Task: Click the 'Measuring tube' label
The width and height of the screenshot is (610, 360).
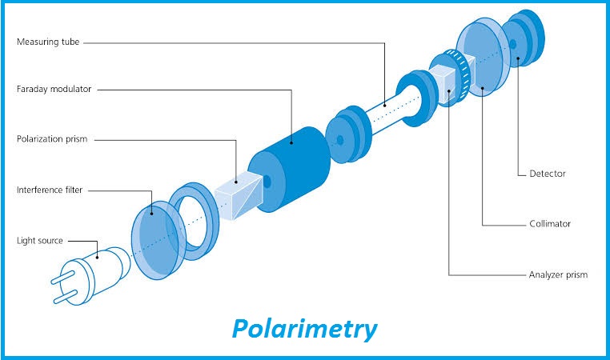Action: tap(48, 41)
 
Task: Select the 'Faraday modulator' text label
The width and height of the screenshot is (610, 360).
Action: tap(54, 89)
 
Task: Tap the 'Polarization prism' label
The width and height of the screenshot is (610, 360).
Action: tap(53, 139)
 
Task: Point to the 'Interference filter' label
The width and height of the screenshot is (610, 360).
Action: tap(51, 190)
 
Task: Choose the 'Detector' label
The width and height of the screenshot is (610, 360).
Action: tap(548, 174)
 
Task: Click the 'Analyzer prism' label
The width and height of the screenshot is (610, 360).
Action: tap(559, 274)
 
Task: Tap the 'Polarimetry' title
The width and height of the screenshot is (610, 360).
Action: tap(304, 328)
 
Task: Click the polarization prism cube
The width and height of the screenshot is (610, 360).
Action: tap(238, 197)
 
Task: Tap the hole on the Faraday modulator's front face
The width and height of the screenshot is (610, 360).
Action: tap(267, 182)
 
